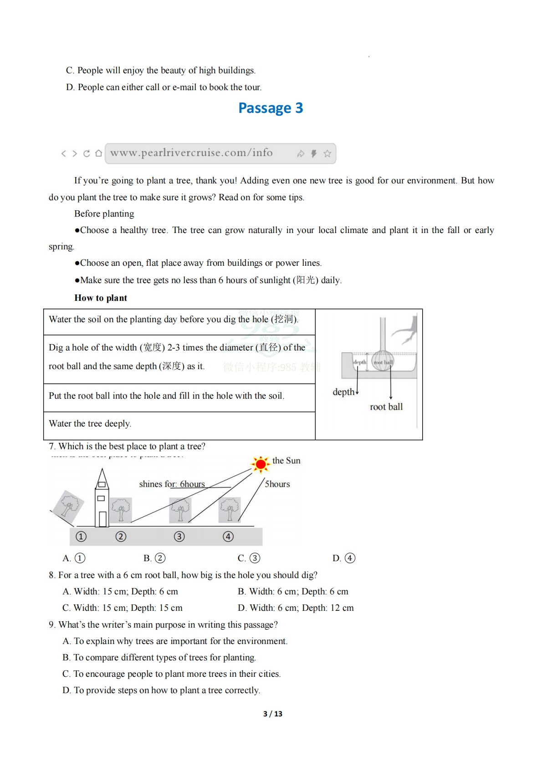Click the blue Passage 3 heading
tap(271, 108)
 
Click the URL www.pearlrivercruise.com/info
tap(191, 153)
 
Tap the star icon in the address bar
tap(327, 154)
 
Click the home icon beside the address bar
tap(98, 153)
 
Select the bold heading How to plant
tap(101, 298)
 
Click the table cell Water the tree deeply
tap(90, 424)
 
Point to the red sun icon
tap(261, 464)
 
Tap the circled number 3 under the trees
tap(179, 537)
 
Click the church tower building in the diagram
tap(102, 500)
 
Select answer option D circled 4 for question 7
tap(344, 558)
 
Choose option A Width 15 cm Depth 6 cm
tap(120, 592)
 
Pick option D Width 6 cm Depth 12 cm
tap(296, 608)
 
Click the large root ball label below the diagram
tap(386, 407)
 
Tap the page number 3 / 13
tap(272, 714)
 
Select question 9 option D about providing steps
tap(161, 690)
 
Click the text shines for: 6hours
tap(172, 484)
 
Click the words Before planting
tap(104, 214)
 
